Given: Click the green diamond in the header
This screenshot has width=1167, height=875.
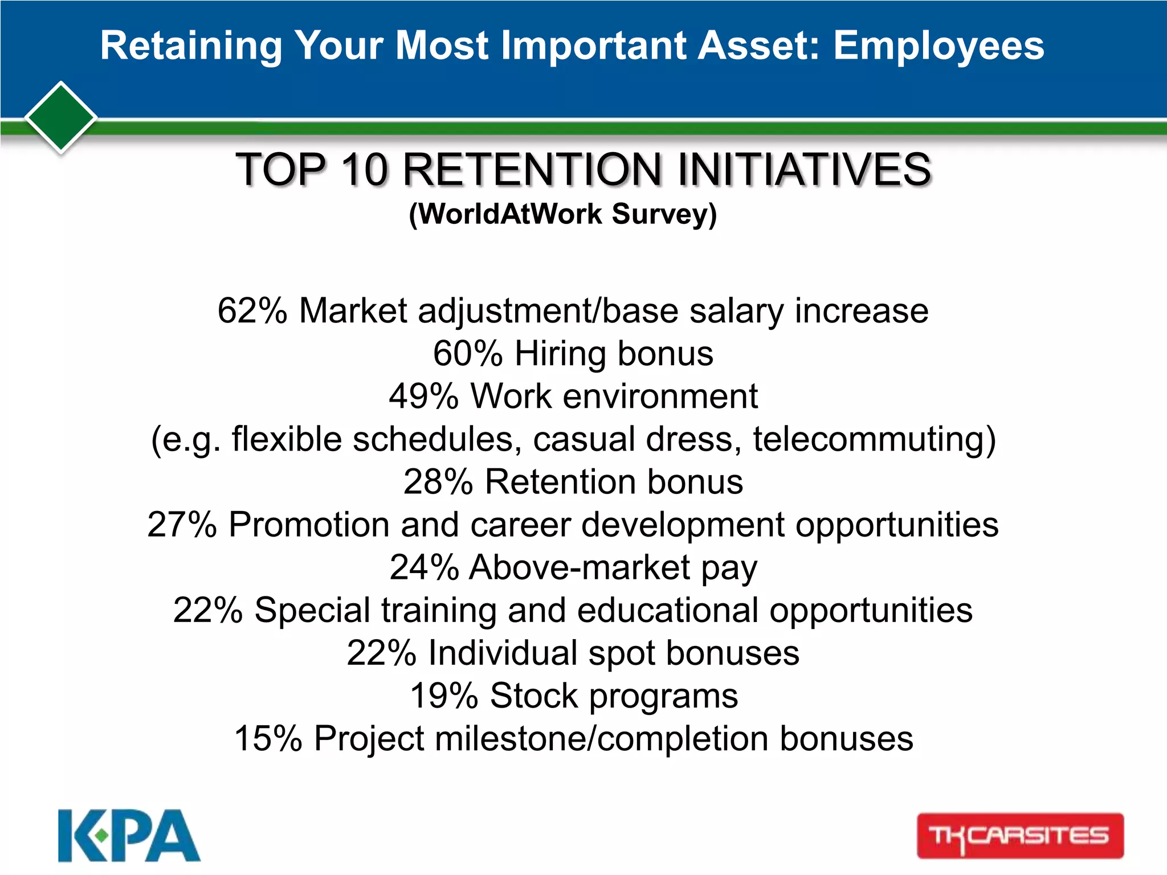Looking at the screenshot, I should (61, 117).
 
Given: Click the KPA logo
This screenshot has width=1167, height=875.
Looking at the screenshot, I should (129, 836).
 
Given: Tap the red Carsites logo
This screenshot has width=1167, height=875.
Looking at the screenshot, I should (1020, 836).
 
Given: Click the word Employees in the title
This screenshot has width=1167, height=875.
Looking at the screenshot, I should (939, 46).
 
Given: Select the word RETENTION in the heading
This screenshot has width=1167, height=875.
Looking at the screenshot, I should (532, 170).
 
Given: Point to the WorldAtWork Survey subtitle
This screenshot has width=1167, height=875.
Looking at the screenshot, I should (562, 215).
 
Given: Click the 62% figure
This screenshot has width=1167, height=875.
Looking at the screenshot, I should (252, 311).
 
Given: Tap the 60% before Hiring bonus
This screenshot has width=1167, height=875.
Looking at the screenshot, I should (467, 354).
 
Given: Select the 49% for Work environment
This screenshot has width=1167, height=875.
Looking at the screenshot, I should (423, 396).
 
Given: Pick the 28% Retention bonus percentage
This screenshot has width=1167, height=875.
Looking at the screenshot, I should (438, 482).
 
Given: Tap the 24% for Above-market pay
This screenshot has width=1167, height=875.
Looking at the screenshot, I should (424, 567).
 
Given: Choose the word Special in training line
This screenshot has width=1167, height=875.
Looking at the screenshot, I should (312, 611).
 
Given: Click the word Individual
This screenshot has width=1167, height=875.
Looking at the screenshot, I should (503, 653).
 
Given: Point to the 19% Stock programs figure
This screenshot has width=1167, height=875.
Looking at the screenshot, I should (444, 696).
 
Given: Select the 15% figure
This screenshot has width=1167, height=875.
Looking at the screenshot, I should (268, 739).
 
